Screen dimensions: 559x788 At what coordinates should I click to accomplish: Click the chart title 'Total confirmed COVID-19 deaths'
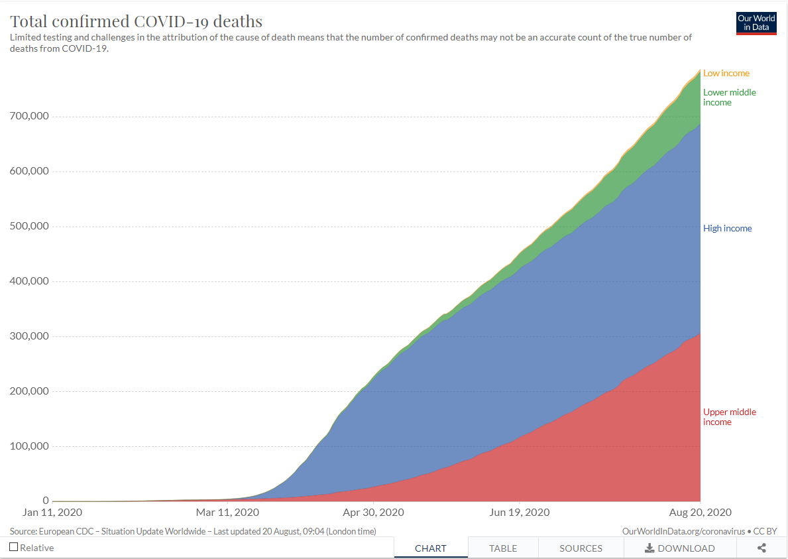coord(136,22)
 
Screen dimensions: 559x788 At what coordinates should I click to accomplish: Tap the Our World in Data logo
coord(756,23)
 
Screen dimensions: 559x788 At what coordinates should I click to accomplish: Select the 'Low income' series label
coord(726,73)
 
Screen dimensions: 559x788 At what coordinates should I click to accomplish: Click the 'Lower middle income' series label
coord(729,97)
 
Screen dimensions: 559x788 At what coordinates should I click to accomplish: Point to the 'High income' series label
coord(727,228)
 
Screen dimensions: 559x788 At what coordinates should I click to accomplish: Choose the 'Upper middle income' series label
coord(729,416)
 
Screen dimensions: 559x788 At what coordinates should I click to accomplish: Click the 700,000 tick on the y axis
coord(29,116)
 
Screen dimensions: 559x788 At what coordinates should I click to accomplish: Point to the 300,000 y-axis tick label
coord(29,336)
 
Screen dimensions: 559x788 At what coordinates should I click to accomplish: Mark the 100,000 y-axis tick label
coord(29,446)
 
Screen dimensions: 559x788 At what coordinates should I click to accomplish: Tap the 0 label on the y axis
coord(46,501)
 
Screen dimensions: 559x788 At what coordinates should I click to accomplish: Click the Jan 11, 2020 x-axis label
coord(52,513)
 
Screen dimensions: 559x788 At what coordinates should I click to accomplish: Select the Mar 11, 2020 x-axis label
coord(227,513)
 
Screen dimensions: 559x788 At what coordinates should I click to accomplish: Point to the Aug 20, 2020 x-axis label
coord(700,513)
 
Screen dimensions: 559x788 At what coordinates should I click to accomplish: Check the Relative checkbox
coord(14,547)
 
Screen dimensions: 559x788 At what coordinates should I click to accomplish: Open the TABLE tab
coord(503,548)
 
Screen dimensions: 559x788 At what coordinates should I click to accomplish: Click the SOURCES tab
coord(581,548)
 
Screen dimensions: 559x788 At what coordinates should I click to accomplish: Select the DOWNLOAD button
coord(679,548)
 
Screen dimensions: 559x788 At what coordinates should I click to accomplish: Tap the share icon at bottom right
coord(761,548)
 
